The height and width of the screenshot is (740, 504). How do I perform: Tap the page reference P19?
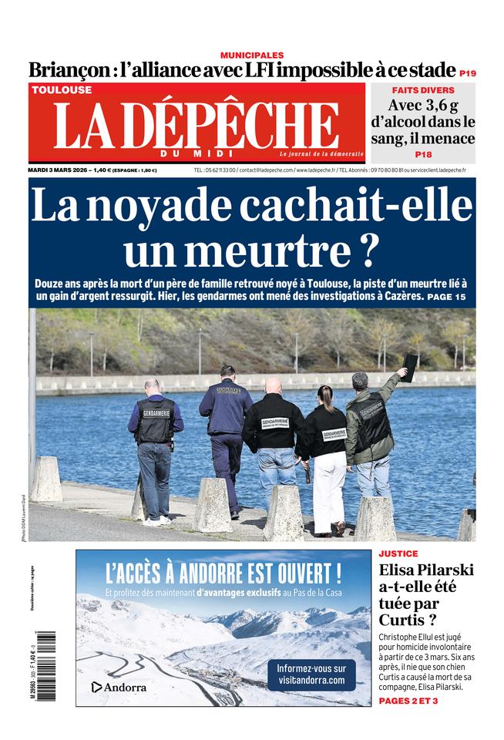[x=468, y=73]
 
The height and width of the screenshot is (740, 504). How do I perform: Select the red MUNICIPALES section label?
[x=252, y=55]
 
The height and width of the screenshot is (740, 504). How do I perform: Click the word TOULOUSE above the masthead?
[x=62, y=89]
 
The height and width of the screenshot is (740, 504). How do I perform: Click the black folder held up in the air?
[x=410, y=366]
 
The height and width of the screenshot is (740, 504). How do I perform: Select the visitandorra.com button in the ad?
[x=311, y=674]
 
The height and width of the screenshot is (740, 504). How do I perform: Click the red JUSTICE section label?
[x=399, y=553]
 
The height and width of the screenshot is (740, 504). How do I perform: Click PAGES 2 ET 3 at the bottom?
[x=408, y=701]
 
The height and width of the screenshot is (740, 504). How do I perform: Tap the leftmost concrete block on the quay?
[x=46, y=480]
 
